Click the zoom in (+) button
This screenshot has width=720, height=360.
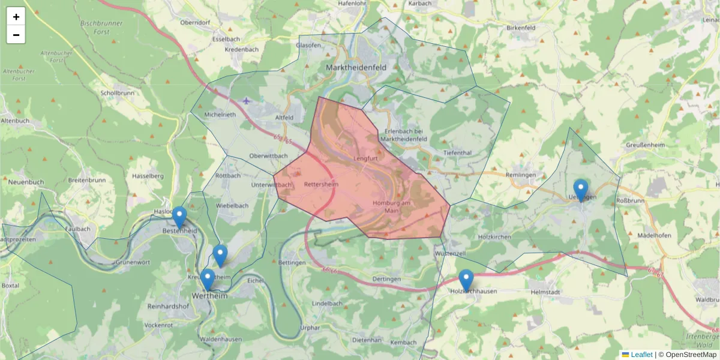pos(16,16)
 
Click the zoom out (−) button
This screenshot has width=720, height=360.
pos(16,35)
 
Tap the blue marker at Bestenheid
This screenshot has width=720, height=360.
pos(179,218)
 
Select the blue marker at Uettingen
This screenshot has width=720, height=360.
pos(581,190)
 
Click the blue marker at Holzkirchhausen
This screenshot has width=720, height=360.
pos(466,280)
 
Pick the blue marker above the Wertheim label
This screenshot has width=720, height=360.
pos(208,280)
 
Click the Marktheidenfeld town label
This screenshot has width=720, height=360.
pos(356,68)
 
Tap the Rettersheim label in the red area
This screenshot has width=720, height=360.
pos(321,184)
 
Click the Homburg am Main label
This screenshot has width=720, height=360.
pos(391,206)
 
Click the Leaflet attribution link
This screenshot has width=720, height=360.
pos(641,355)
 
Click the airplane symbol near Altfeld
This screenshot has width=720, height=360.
pos(247,100)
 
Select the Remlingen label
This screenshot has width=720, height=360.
pos(520,175)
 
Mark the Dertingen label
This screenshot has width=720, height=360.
pos(386,280)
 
